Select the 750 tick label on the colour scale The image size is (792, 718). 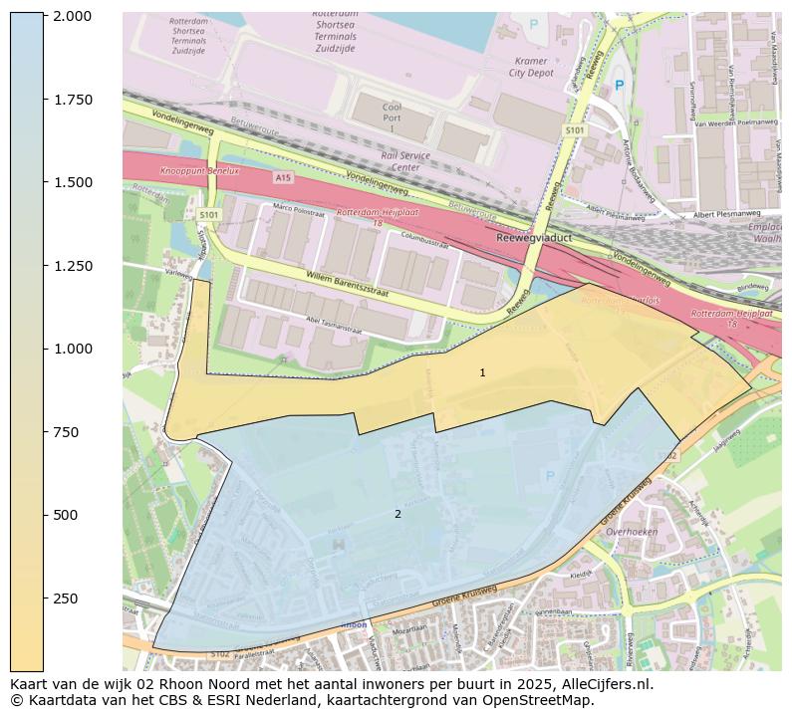[67, 431]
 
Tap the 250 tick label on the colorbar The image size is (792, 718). [67, 598]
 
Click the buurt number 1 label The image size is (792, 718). [482, 372]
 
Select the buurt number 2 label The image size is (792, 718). [397, 514]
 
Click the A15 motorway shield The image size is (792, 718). [283, 177]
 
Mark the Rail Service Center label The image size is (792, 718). [405, 161]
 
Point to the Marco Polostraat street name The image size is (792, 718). [299, 211]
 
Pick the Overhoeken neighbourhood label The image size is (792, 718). [632, 532]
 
